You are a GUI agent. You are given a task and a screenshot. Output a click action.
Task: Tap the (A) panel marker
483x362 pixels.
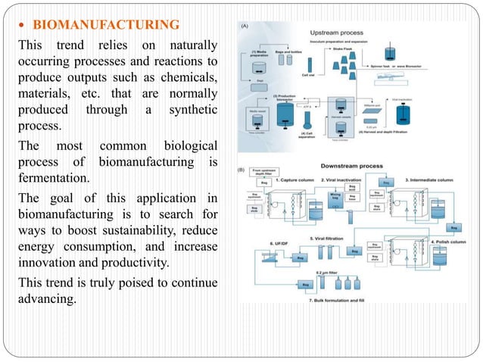(x=245, y=27)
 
